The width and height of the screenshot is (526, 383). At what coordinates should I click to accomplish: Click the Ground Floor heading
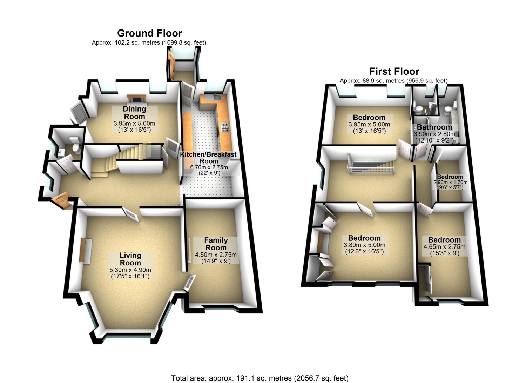(x=150, y=33)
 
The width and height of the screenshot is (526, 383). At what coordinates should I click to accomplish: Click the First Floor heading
(x=394, y=72)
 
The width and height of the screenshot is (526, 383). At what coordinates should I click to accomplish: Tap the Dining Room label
(x=134, y=113)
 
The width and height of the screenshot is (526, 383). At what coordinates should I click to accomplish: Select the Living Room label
(x=130, y=259)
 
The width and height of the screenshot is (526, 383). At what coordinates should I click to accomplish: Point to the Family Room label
(x=216, y=244)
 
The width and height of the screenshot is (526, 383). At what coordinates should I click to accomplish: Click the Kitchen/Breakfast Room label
(x=209, y=158)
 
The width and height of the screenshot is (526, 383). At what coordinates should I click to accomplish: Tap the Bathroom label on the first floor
(x=434, y=127)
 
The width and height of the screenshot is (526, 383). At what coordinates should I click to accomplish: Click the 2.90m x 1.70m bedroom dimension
(x=450, y=182)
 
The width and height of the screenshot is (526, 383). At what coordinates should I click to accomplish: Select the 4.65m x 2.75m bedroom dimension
(x=445, y=247)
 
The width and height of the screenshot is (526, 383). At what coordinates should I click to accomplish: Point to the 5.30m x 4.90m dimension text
(x=130, y=270)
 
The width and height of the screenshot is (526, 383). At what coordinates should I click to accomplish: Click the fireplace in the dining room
(x=136, y=99)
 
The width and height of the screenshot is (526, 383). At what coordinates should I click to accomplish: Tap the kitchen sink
(x=216, y=97)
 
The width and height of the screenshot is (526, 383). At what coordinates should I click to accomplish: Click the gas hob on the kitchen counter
(x=225, y=127)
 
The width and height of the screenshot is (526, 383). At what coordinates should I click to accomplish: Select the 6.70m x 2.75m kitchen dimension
(x=209, y=167)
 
